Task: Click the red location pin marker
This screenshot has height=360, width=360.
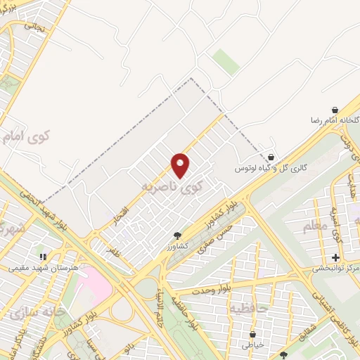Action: [181, 165]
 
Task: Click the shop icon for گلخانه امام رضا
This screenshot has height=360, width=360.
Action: [335, 110]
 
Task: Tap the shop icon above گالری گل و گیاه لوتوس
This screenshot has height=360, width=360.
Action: [271, 157]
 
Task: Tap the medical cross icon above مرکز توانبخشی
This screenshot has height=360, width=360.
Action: [335, 257]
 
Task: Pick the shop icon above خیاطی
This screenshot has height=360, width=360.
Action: [252, 335]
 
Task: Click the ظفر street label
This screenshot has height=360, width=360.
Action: [115, 250]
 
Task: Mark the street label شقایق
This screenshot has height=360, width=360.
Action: [318, 323]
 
